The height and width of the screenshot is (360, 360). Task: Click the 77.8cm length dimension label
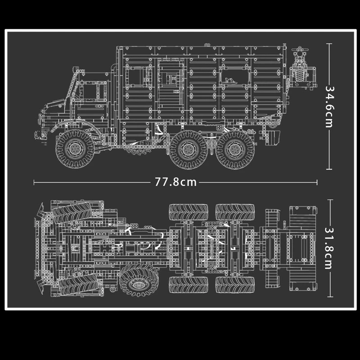pyautogui.click(x=175, y=182)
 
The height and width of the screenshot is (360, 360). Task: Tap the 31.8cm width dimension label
pyautogui.click(x=329, y=248)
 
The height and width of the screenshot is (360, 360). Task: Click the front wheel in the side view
pyautogui.click(x=75, y=149)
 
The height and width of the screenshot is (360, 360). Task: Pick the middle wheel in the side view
pyautogui.click(x=189, y=150)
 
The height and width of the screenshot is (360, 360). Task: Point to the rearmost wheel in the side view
pyautogui.click(x=235, y=150)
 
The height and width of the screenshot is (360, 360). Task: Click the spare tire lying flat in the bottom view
pyautogui.click(x=139, y=280)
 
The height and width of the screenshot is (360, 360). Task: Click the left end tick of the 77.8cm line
pyautogui.click(x=34, y=182)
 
